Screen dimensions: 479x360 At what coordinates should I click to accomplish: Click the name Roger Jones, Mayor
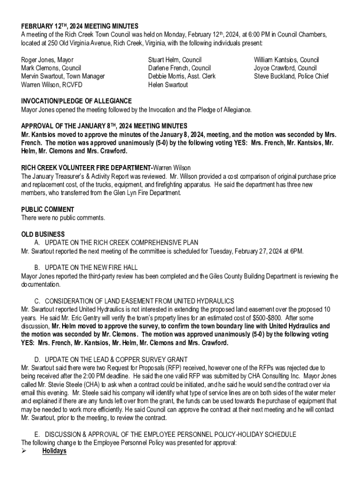(47, 60)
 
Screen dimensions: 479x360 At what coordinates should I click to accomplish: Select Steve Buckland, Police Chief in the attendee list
(291, 76)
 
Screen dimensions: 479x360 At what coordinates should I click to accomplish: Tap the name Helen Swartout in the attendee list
(168, 85)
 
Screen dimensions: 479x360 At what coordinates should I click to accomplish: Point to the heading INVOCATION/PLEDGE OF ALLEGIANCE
(77, 101)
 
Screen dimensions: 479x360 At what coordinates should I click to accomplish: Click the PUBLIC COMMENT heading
(48, 210)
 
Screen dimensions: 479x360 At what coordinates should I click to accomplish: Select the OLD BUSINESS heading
(43, 234)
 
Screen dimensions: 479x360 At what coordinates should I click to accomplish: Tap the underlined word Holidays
(54, 451)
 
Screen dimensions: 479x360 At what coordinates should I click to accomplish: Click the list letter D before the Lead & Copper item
(37, 359)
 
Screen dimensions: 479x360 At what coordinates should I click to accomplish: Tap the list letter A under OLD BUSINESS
(37, 242)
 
